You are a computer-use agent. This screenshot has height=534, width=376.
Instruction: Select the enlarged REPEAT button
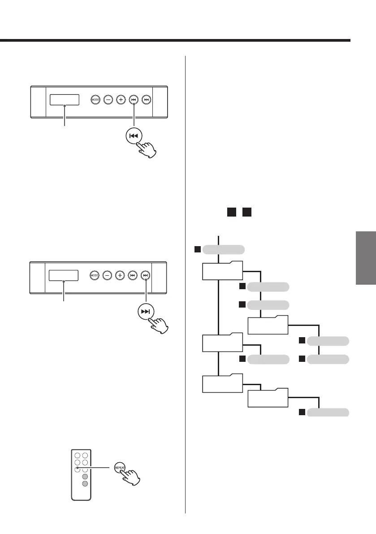coord(120,467)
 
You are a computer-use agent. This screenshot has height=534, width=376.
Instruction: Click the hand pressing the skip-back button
coord(147,148)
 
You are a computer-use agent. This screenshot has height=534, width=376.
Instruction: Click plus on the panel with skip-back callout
coord(121,100)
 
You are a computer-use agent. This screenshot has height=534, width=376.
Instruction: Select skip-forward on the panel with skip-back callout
coord(146,100)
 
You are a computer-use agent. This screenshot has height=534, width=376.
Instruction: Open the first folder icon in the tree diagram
coord(222,270)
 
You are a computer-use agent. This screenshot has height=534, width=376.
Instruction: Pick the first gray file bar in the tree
coord(224,249)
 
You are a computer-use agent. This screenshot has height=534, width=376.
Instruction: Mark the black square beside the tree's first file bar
coord(197,249)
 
